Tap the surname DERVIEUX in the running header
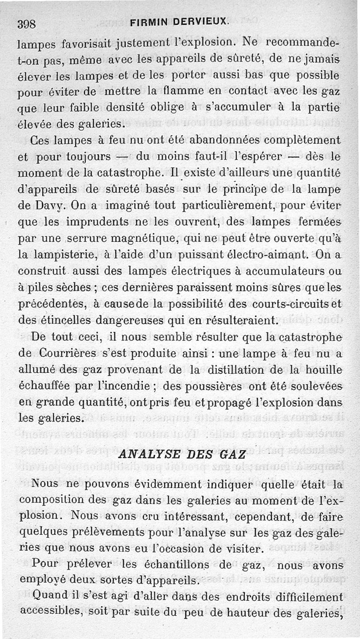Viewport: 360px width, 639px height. (203, 21)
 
